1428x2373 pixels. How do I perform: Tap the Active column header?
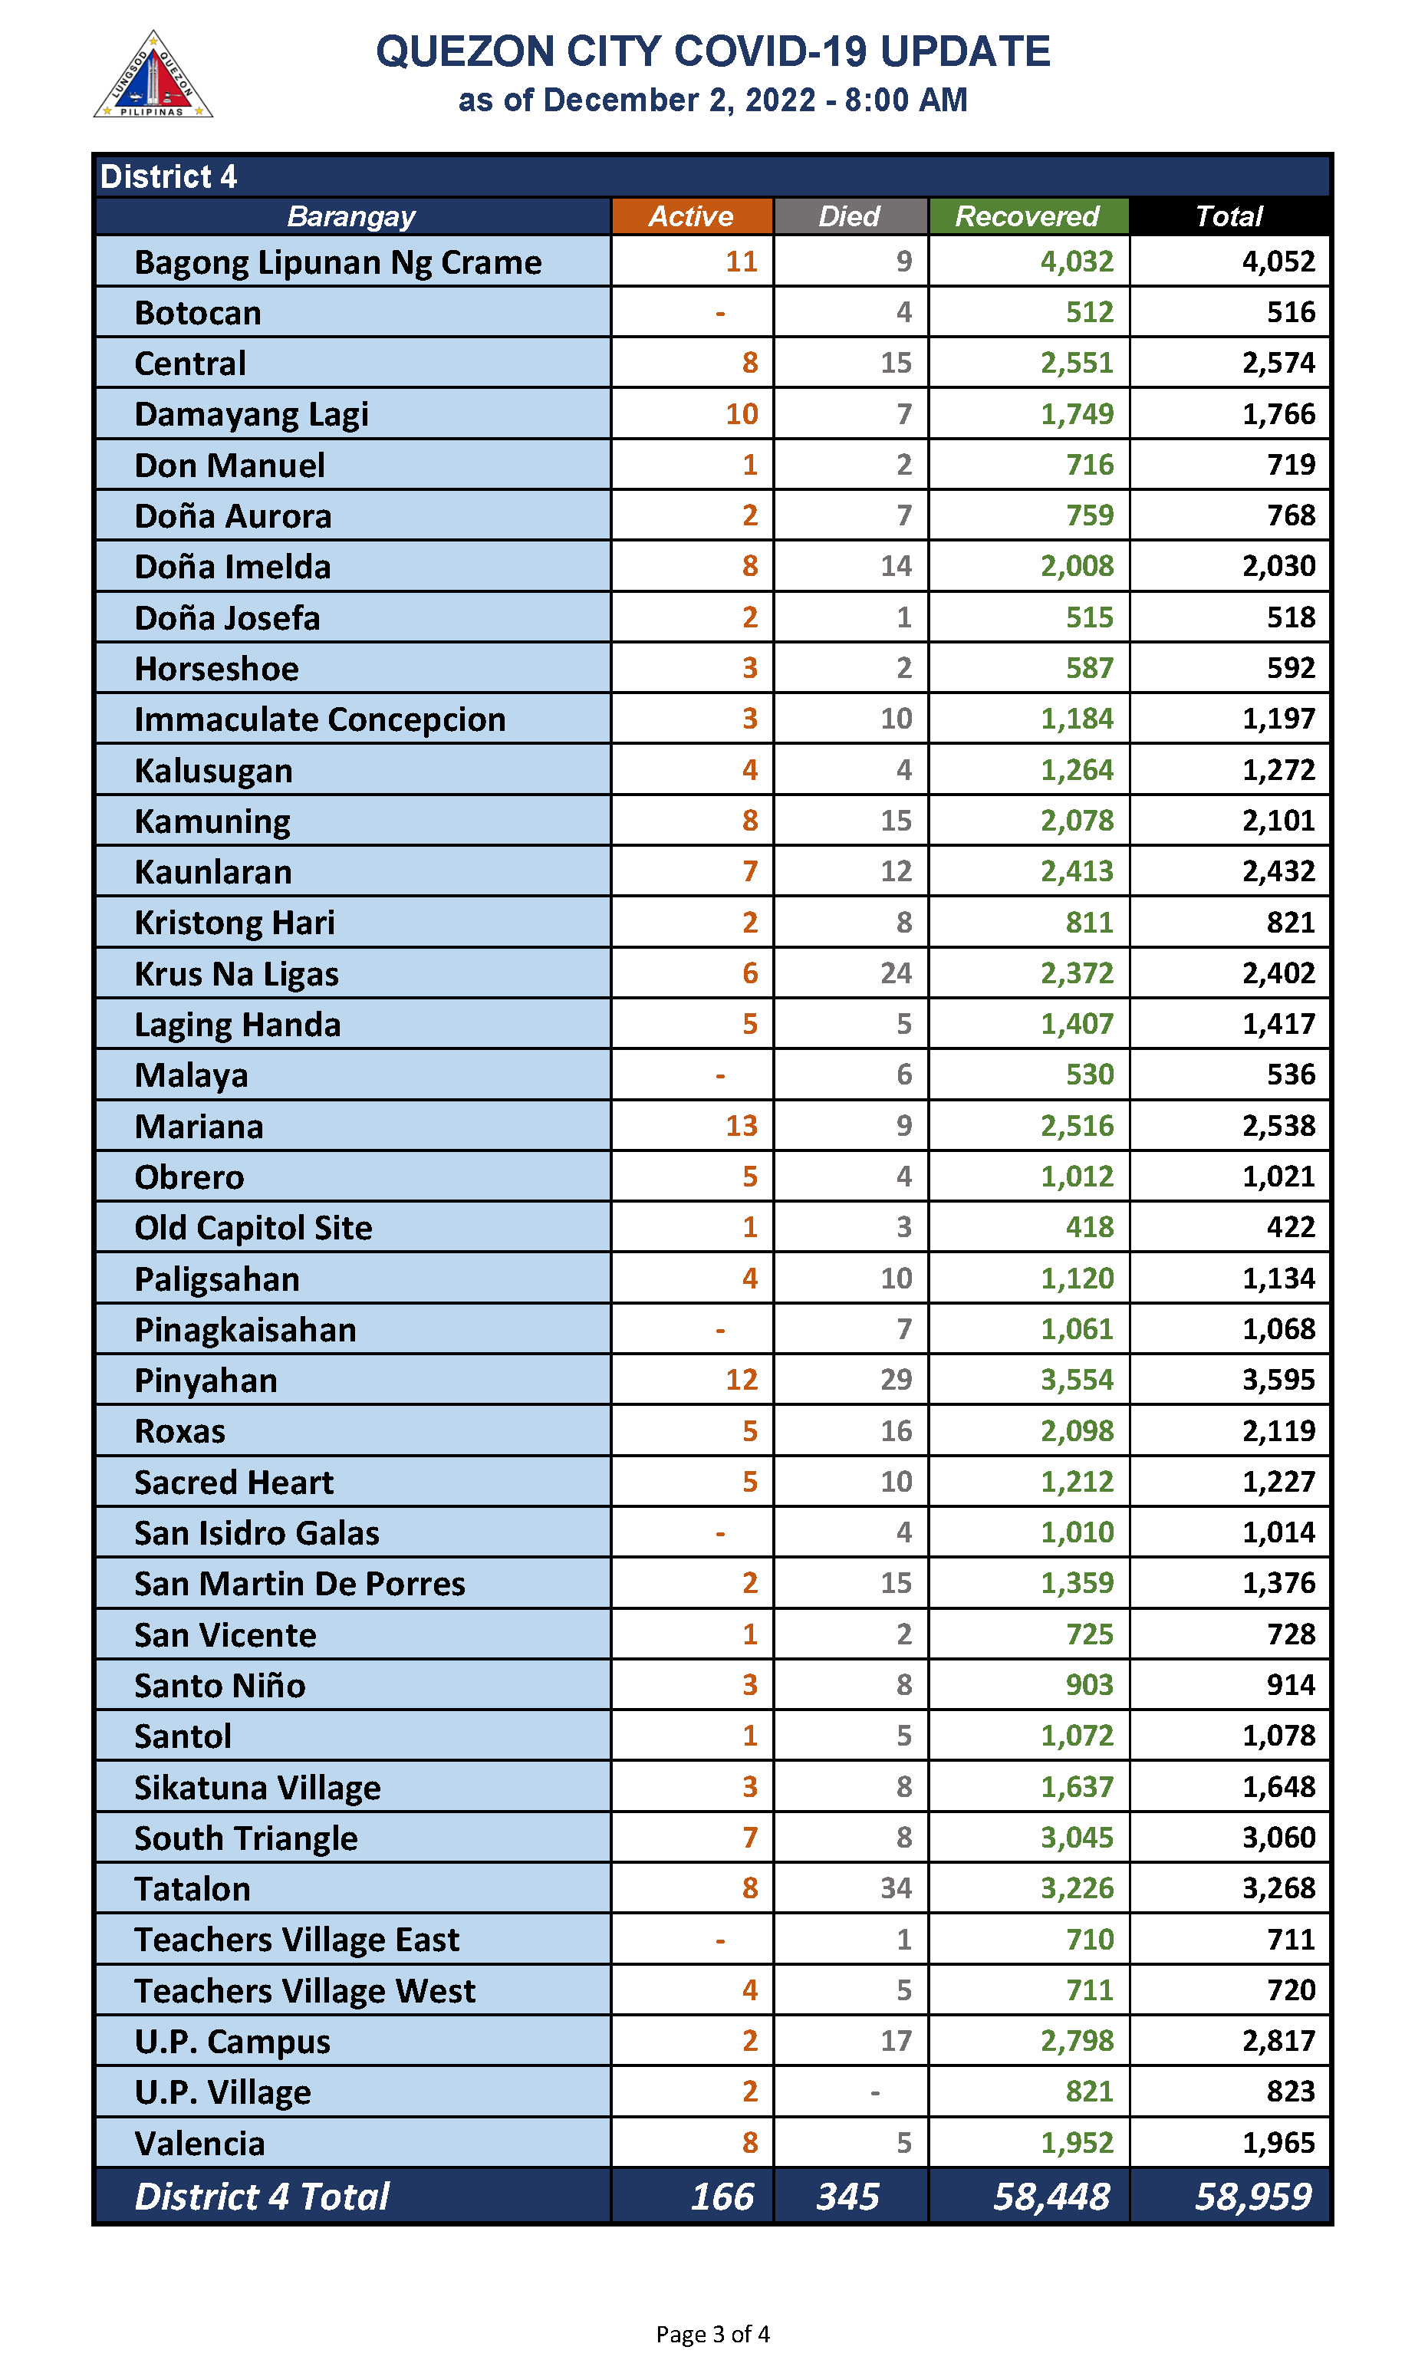tap(690, 216)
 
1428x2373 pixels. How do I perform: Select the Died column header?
tap(849, 216)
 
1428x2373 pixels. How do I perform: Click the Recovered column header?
tap(1027, 216)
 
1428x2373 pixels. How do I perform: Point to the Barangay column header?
tap(351, 216)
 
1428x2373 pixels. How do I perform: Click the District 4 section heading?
tap(169, 177)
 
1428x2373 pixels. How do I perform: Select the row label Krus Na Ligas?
tap(237, 974)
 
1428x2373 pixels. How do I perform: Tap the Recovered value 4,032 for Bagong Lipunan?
tap(1076, 262)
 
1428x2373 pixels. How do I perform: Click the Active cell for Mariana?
tap(741, 1126)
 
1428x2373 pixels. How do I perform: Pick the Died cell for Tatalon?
tap(895, 1888)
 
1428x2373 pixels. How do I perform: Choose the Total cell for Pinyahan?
tap(1277, 1380)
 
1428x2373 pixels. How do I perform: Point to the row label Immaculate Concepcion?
tap(320, 719)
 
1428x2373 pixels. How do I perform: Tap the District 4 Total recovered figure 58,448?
tap(1051, 2196)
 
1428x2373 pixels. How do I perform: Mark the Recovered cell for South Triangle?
tap(1076, 1837)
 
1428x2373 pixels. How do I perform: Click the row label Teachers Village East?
tap(296, 1939)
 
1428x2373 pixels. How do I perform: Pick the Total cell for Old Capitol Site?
tap(1289, 1227)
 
